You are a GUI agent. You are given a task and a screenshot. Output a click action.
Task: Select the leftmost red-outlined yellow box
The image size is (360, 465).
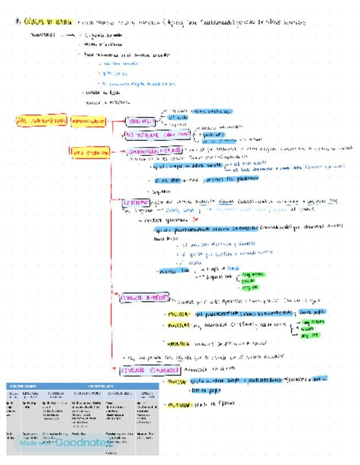(x=41, y=121)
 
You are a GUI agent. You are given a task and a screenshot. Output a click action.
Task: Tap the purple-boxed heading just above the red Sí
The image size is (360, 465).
(x=135, y=202)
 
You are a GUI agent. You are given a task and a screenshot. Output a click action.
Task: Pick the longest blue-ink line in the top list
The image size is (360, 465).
(x=138, y=84)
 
